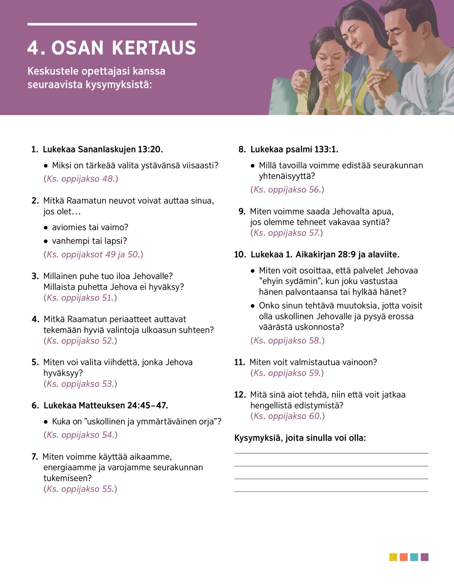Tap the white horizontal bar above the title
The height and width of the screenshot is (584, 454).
tap(112, 24)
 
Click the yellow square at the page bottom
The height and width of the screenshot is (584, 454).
tap(393, 557)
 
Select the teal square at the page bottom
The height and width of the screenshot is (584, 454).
tap(414, 557)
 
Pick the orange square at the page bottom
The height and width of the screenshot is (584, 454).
tap(404, 557)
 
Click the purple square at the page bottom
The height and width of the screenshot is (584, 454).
tap(424, 557)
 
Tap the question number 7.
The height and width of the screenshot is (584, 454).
tap(35, 457)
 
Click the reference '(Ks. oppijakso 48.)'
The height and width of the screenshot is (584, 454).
tap(81, 179)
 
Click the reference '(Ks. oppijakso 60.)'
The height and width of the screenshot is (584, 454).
tap(288, 416)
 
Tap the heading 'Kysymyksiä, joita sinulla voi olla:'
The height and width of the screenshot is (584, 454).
tap(300, 438)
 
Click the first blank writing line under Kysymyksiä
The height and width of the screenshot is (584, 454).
tap(331, 453)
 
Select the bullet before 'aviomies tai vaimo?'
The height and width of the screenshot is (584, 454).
tap(46, 228)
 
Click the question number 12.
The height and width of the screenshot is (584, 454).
tap(240, 395)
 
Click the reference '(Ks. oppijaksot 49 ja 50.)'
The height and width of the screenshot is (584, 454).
tap(93, 254)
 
